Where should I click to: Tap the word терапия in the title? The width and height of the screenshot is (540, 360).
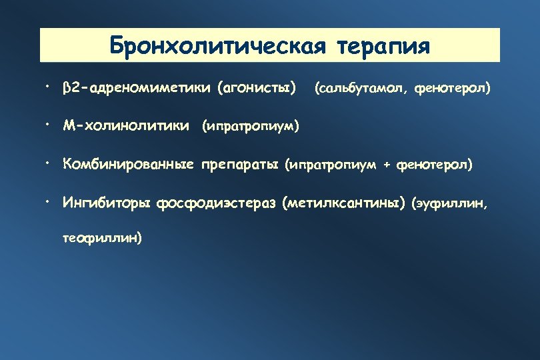click(x=384, y=46)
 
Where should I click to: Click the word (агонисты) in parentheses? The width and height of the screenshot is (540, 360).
click(x=257, y=87)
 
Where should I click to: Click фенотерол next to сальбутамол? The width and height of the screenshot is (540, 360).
click(x=453, y=87)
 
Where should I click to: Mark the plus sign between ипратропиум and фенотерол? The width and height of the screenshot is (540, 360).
click(x=387, y=165)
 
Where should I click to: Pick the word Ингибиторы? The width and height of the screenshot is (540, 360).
click(x=107, y=203)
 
